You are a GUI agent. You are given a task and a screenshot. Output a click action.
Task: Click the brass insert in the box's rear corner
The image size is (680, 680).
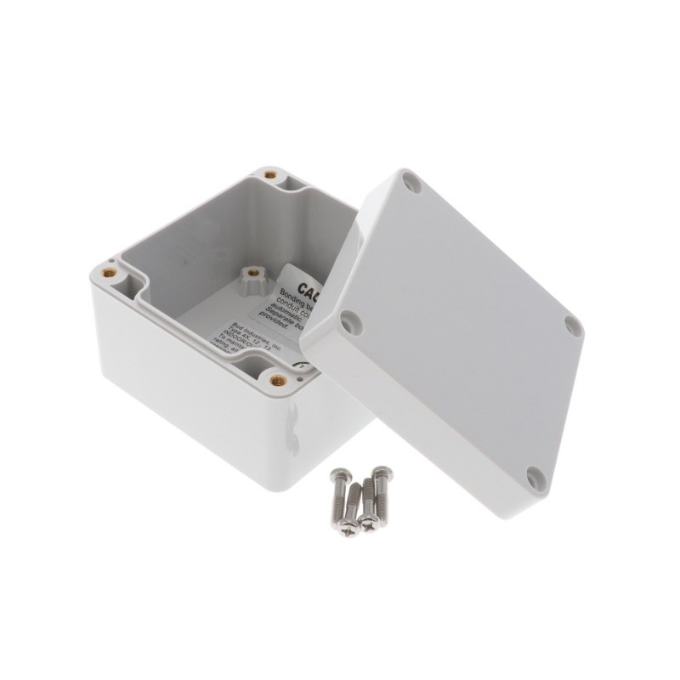270,175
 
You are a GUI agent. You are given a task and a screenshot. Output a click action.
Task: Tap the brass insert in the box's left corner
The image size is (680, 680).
109,273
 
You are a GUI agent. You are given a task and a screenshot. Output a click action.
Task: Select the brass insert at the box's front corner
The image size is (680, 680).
278,380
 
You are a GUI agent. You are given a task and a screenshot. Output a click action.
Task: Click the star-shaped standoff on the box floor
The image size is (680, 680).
252,276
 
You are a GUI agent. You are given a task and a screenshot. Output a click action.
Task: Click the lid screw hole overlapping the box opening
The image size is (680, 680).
348,320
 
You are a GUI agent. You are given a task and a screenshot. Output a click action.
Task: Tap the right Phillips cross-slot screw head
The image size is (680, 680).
368,523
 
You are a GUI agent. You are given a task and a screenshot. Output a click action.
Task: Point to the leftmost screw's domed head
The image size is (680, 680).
332,481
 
